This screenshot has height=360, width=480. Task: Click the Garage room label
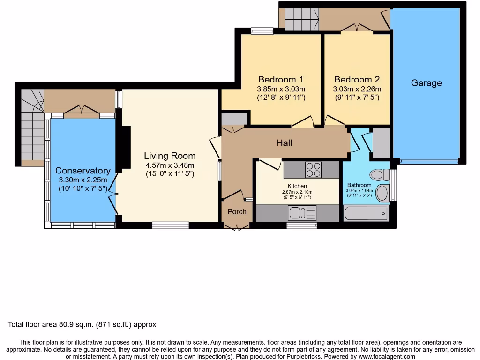[426, 83]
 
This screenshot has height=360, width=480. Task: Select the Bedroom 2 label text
[357, 79]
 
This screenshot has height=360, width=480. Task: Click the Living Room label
[170, 156]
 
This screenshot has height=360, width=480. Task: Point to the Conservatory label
[83, 171]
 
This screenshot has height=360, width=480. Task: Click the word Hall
[285, 143]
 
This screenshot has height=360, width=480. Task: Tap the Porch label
[237, 211]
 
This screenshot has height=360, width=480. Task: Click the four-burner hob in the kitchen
[313, 170]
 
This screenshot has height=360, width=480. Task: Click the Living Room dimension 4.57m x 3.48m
[170, 165]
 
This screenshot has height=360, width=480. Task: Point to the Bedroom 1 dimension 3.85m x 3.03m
[281, 89]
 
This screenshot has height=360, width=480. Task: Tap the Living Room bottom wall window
[171, 225]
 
